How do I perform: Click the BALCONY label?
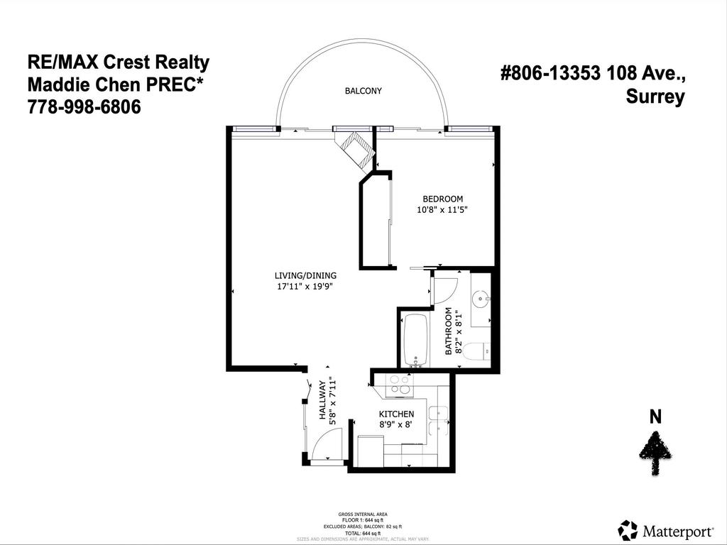363,91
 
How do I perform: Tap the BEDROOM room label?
443,199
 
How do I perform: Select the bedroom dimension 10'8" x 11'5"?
443,210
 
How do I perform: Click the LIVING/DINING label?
305,275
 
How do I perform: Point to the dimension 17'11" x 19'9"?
305,287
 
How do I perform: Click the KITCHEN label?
396,414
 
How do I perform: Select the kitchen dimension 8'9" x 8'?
396,424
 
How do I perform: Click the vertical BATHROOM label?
449,331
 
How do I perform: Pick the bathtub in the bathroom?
415,341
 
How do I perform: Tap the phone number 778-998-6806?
84,107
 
